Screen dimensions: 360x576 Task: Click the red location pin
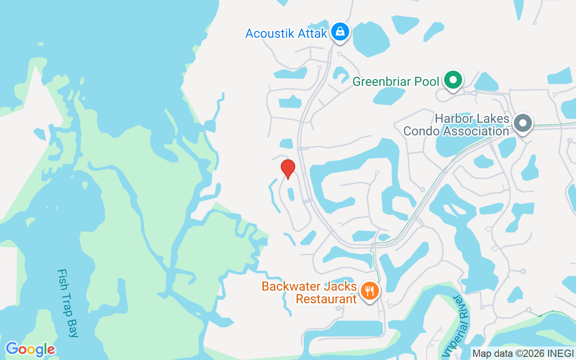[x=288, y=169]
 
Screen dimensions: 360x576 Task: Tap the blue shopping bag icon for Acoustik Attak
[x=341, y=32]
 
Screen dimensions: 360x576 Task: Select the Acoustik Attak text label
[x=286, y=33]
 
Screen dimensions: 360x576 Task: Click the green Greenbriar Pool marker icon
[x=453, y=81]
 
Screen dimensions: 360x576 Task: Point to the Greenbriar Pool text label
[x=396, y=82]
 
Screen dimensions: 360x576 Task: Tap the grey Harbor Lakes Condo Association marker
[x=522, y=123]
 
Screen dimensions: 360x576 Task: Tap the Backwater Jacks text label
[x=309, y=287]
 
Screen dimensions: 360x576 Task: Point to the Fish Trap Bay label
[x=68, y=303]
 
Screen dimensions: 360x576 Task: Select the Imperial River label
[x=460, y=324]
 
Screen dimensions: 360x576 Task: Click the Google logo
[x=30, y=349]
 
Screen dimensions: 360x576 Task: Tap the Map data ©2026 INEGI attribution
[x=523, y=354]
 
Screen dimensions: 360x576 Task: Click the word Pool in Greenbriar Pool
[x=427, y=82]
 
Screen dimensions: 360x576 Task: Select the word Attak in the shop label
[x=311, y=33]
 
